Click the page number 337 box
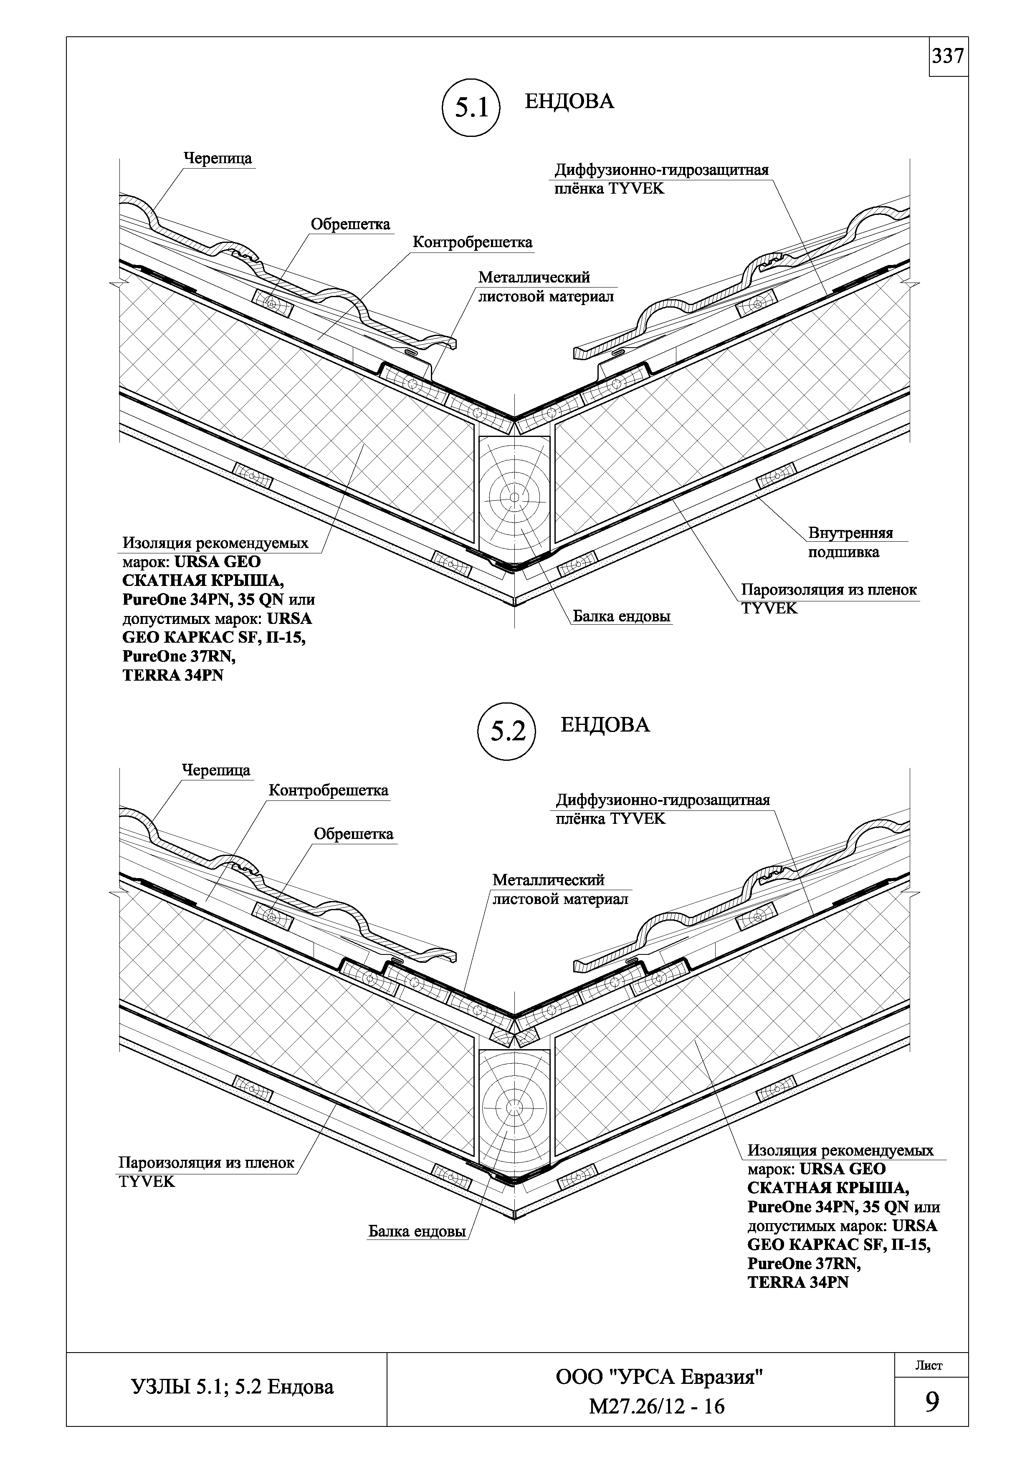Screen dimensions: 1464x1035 coord(948,57)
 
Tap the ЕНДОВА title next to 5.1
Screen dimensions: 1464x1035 coord(569,101)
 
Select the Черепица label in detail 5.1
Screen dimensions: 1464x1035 coord(218,158)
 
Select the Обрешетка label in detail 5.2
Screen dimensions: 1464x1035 coord(353,834)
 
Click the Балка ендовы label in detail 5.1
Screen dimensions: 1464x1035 coord(622,616)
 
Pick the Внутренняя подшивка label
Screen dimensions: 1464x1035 coord(850,542)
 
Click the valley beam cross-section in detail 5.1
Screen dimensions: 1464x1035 coord(514,495)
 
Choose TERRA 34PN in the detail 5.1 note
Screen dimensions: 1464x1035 coord(173,675)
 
